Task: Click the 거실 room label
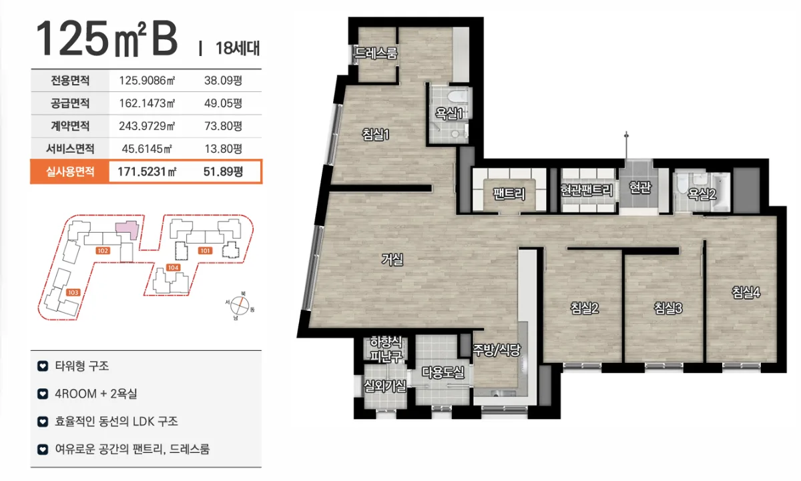(392, 260)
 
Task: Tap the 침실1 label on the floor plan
(375, 135)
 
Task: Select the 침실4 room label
(746, 292)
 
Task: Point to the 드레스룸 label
(376, 53)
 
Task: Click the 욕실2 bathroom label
(702, 193)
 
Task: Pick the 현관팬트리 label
(587, 190)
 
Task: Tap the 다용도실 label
(443, 372)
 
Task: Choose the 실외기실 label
(384, 386)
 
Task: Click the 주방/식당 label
(497, 350)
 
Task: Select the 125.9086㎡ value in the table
(147, 81)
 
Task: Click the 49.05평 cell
(223, 103)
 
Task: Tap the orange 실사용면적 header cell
(69, 171)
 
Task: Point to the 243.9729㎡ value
(147, 126)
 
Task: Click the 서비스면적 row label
(70, 149)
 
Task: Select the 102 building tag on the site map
(103, 250)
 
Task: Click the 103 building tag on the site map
(73, 292)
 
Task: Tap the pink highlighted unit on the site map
(127, 229)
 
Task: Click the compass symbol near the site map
(240, 306)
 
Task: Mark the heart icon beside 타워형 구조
(43, 366)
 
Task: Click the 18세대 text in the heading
(238, 48)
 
